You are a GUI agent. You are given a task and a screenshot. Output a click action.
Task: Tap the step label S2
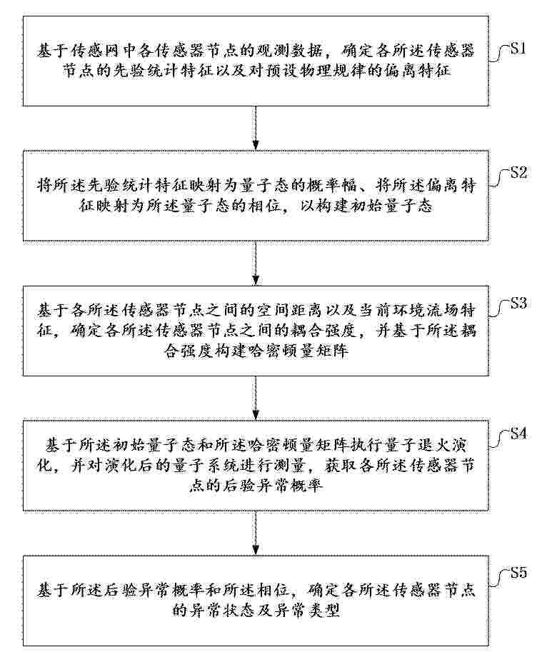(518, 172)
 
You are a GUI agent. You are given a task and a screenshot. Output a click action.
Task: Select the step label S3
(518, 303)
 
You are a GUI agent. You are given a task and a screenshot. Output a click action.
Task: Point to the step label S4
(518, 433)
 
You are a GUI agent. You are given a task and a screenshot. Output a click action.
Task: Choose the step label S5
(518, 573)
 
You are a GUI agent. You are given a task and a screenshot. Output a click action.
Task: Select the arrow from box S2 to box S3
(256, 264)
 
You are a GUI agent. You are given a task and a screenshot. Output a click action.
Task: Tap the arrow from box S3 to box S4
(256, 398)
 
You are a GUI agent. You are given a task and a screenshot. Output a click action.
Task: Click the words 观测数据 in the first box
(290, 51)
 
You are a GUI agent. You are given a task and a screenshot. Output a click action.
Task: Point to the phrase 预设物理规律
(332, 71)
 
